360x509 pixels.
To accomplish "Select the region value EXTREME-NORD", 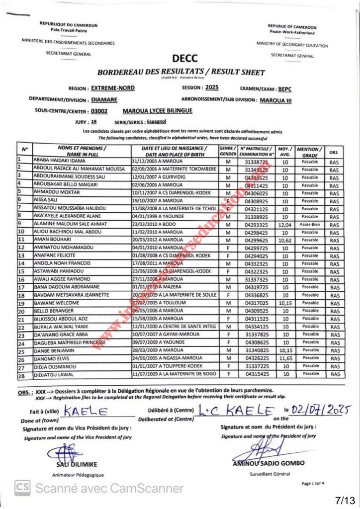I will [113, 88].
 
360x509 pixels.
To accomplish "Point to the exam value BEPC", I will [285, 88].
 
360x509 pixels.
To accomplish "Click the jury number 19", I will [94, 121].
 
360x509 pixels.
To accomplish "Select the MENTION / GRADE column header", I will [310, 152].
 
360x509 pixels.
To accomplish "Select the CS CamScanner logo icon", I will [21, 488].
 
